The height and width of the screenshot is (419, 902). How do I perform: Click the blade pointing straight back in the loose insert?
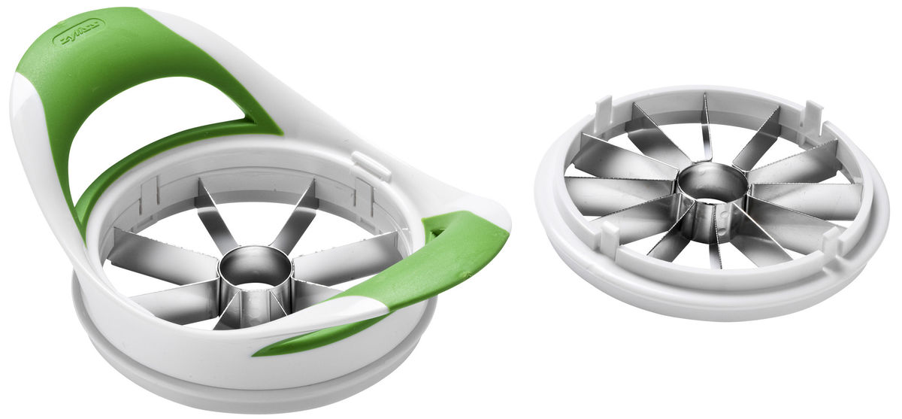[707, 128]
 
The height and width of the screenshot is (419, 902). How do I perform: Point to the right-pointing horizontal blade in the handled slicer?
[353, 248]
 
